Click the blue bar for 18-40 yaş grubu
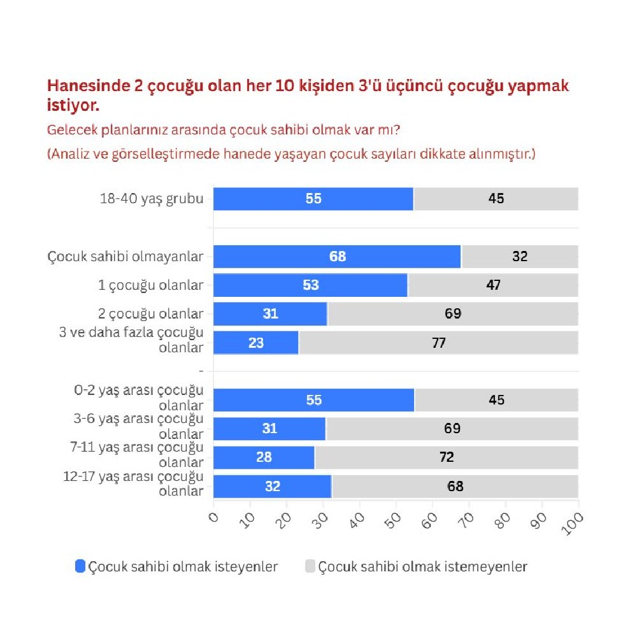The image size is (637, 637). pos(313,199)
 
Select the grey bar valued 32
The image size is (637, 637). pos(520,256)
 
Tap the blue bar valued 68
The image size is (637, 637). pos(337,256)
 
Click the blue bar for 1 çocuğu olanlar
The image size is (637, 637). pos(310,285)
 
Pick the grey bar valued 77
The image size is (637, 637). pos(438,343)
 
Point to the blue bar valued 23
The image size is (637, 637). pos(256,343)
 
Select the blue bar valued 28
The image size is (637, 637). pos(264,457)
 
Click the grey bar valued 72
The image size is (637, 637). pos(447,457)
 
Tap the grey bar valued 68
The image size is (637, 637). pos(455,486)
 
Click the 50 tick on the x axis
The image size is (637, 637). pos(394,517)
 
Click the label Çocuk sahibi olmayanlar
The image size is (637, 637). pos(125,257)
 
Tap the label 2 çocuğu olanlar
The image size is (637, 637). pos(151,313)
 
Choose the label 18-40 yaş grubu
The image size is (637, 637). pos(152,199)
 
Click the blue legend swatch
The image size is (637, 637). pos(80,566)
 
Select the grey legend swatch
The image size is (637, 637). pos(310,566)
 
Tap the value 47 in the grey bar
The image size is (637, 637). pos(492,285)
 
